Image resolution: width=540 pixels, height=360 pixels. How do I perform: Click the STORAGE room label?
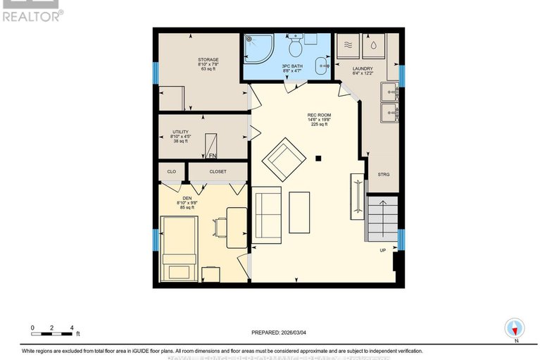[x=208, y=60]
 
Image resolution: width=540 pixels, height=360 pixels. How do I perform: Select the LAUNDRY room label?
[x=363, y=69]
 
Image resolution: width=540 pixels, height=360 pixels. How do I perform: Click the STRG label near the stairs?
[x=383, y=174]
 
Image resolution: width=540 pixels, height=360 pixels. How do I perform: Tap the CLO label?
[x=171, y=171]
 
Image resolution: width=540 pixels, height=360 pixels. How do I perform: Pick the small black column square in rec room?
[x=319, y=158]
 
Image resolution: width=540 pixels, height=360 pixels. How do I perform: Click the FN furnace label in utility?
[x=212, y=156]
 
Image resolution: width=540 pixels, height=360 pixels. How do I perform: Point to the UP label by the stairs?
[x=383, y=250]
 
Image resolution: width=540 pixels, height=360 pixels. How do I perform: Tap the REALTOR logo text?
[x=32, y=15]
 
